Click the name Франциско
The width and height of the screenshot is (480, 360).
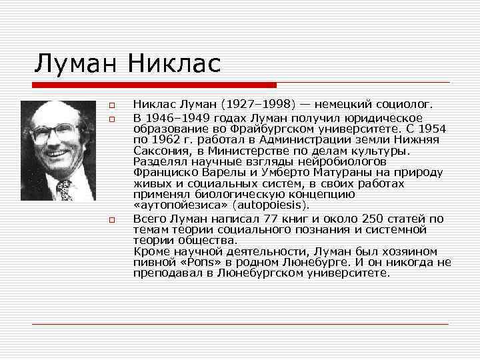[x=163, y=172]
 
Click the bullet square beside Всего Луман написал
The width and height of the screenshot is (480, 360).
[x=113, y=219]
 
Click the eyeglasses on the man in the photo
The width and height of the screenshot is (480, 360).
[x=55, y=132]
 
